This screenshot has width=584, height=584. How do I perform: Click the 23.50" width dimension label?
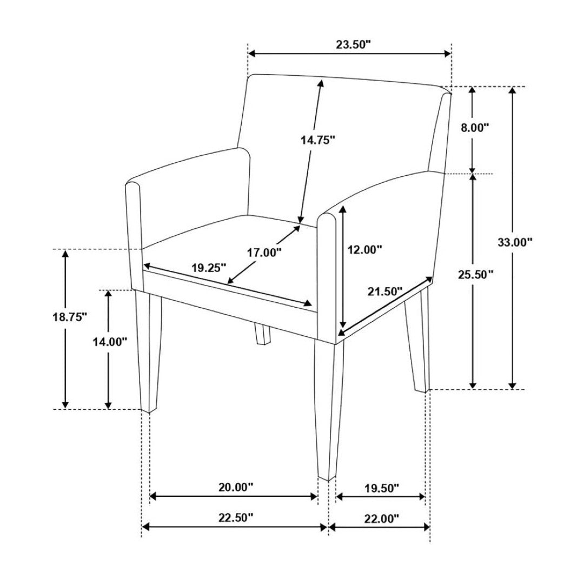[x=354, y=45]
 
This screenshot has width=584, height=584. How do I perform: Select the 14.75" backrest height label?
[x=318, y=140]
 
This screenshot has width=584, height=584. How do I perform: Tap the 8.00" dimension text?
[x=475, y=128]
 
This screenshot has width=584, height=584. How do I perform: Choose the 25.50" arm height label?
[x=476, y=275]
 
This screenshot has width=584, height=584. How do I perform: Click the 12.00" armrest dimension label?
[x=364, y=249]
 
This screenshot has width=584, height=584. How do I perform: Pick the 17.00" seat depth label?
[x=264, y=253]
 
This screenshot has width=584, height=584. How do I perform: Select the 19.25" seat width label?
[x=209, y=268]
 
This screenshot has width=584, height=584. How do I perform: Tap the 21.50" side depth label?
[x=385, y=291]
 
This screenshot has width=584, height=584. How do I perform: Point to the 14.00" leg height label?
[x=110, y=342]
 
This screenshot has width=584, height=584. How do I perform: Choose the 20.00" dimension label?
[x=235, y=487]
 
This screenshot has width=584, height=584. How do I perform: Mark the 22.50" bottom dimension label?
[x=235, y=517]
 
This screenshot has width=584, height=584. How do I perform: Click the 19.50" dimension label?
[x=381, y=488]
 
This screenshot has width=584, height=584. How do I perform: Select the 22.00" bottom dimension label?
[x=381, y=517]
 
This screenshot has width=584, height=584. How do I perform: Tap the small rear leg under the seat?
[x=262, y=335]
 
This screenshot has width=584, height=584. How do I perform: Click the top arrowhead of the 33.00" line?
[x=513, y=90]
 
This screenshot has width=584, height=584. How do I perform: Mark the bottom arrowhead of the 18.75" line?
[x=65, y=404]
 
